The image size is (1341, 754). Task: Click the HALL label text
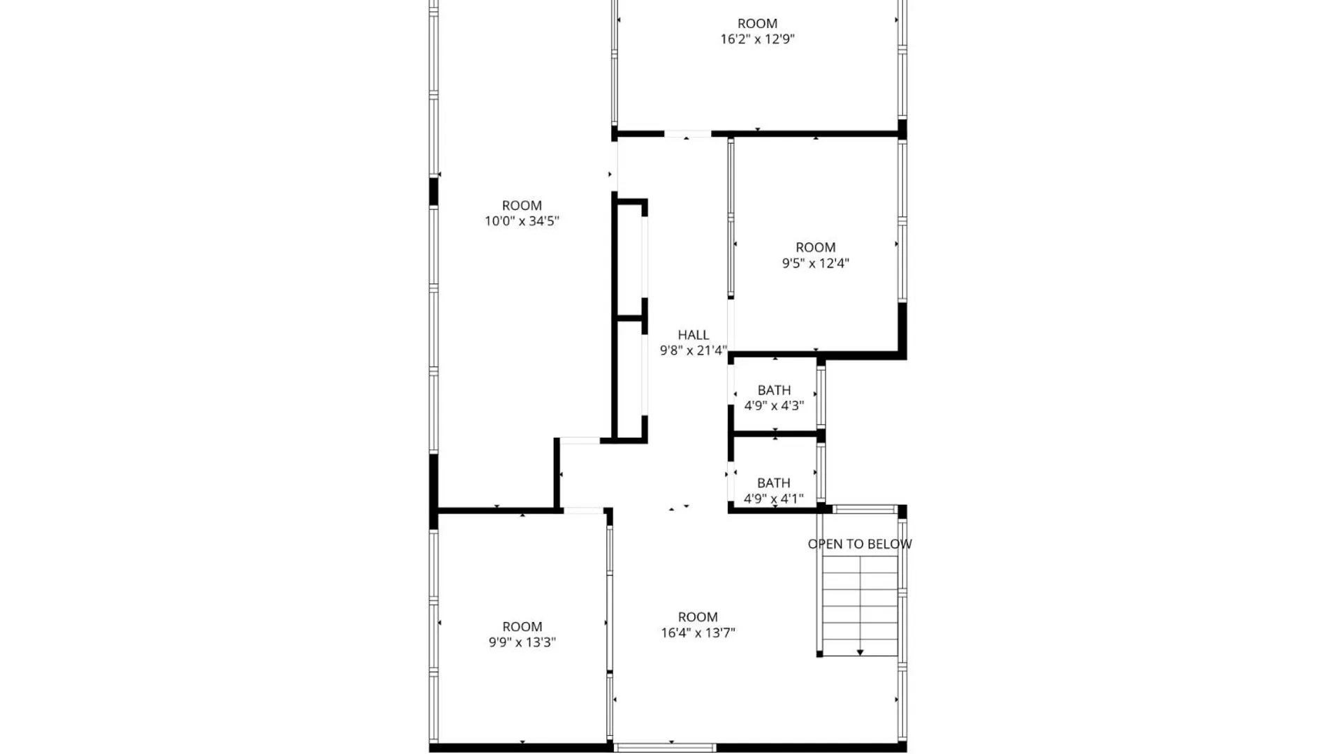(693, 335)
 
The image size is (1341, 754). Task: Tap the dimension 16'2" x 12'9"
(757, 39)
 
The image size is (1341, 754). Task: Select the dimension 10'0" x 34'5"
(522, 221)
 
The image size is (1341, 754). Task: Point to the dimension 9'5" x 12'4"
(815, 263)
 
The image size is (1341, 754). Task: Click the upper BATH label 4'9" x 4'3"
(774, 398)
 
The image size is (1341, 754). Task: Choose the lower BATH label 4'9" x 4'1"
(774, 491)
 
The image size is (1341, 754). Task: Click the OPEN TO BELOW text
(859, 544)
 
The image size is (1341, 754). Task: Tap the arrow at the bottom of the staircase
(860, 652)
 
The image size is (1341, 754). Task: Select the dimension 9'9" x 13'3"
(522, 642)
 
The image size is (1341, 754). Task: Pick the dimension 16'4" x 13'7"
(698, 633)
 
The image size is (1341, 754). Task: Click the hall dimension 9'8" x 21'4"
(693, 350)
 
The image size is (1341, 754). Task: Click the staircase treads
(860, 600)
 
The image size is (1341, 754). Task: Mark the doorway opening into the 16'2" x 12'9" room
(687, 133)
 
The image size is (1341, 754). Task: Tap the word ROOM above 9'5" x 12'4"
(815, 247)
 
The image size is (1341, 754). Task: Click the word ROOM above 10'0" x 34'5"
(522, 205)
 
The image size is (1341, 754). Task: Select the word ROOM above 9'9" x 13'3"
(522, 626)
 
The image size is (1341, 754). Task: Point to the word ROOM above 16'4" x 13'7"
(698, 617)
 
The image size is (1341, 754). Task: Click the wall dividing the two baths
(775, 434)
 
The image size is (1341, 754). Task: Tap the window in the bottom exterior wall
(665, 747)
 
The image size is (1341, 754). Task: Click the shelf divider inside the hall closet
(629, 318)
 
